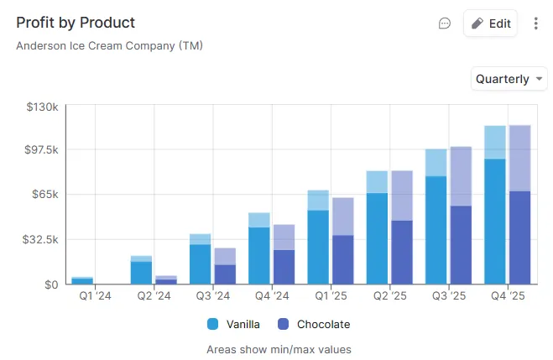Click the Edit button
[x=491, y=23]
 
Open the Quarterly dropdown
[x=509, y=79]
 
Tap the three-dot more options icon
[x=537, y=23]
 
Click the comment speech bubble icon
[x=445, y=23]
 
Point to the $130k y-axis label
[x=41, y=107]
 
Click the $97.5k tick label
[x=40, y=149]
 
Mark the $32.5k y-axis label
[x=40, y=239]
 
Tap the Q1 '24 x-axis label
[x=94, y=296]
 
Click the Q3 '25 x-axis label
[x=447, y=296]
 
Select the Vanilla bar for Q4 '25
[x=495, y=221]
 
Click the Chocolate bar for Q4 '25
[x=520, y=237]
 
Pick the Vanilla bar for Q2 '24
[x=141, y=273]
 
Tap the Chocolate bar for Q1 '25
[x=343, y=259]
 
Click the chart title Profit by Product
[x=76, y=23]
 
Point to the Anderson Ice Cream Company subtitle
[x=109, y=45]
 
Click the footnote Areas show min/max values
[x=279, y=349]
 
